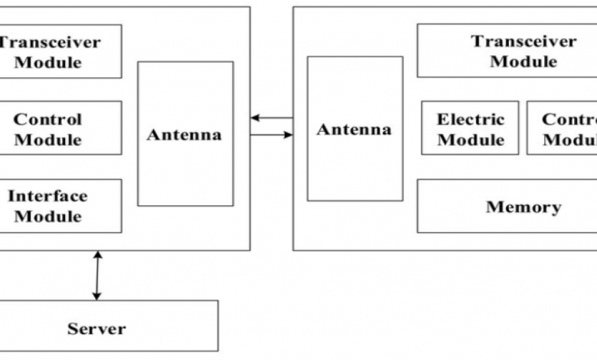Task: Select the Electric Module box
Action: click(470, 128)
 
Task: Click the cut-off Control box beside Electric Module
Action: click(563, 128)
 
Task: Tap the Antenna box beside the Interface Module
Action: click(185, 134)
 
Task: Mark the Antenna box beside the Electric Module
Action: click(354, 129)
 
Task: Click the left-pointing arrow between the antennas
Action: click(271, 118)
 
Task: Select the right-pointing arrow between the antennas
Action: click(271, 135)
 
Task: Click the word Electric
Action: click(471, 119)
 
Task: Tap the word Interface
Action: click(48, 196)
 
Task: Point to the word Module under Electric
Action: click(471, 139)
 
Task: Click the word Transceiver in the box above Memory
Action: click(524, 41)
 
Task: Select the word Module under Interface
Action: click(48, 216)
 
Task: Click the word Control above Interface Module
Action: click(48, 119)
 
